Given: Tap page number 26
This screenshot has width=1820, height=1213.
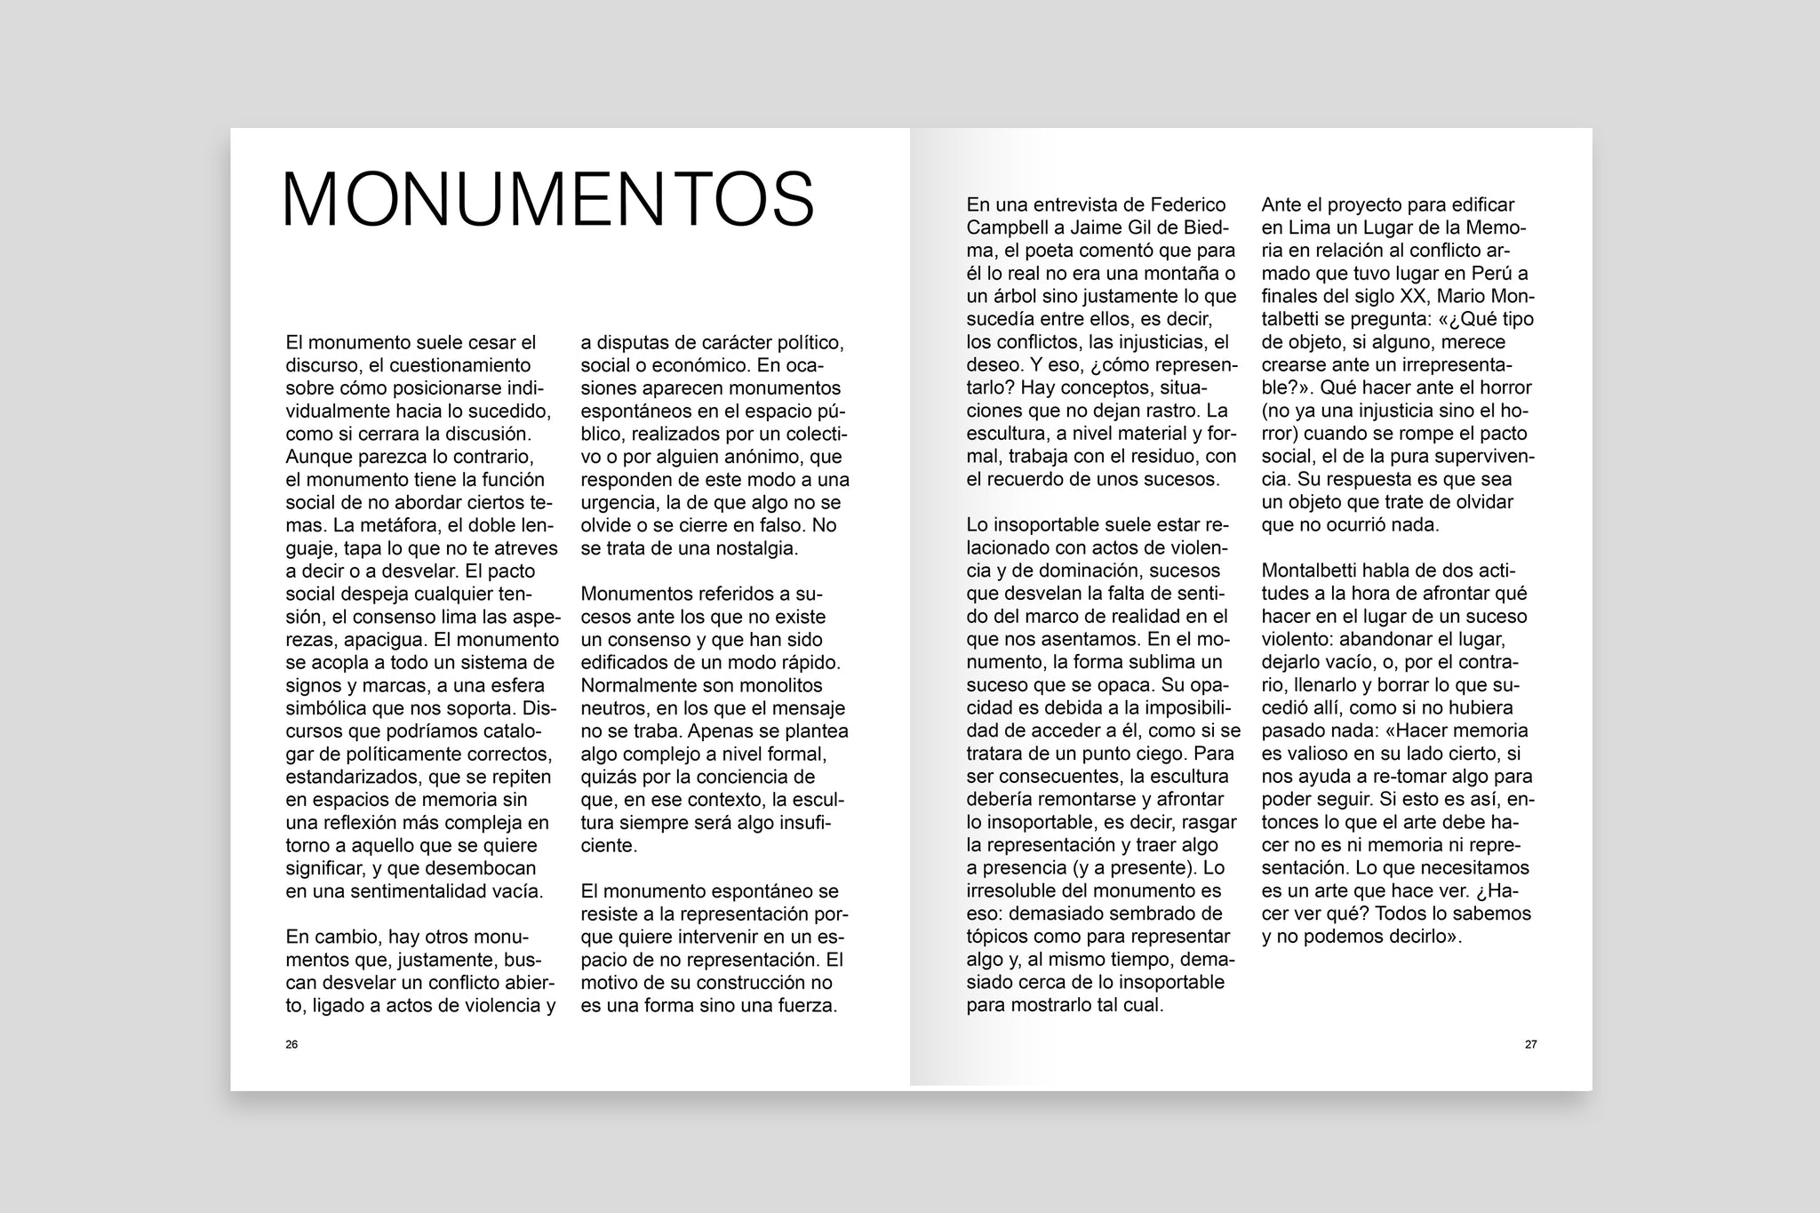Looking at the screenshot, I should tap(291, 1044).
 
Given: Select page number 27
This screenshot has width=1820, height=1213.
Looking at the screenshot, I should tap(1530, 1044).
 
